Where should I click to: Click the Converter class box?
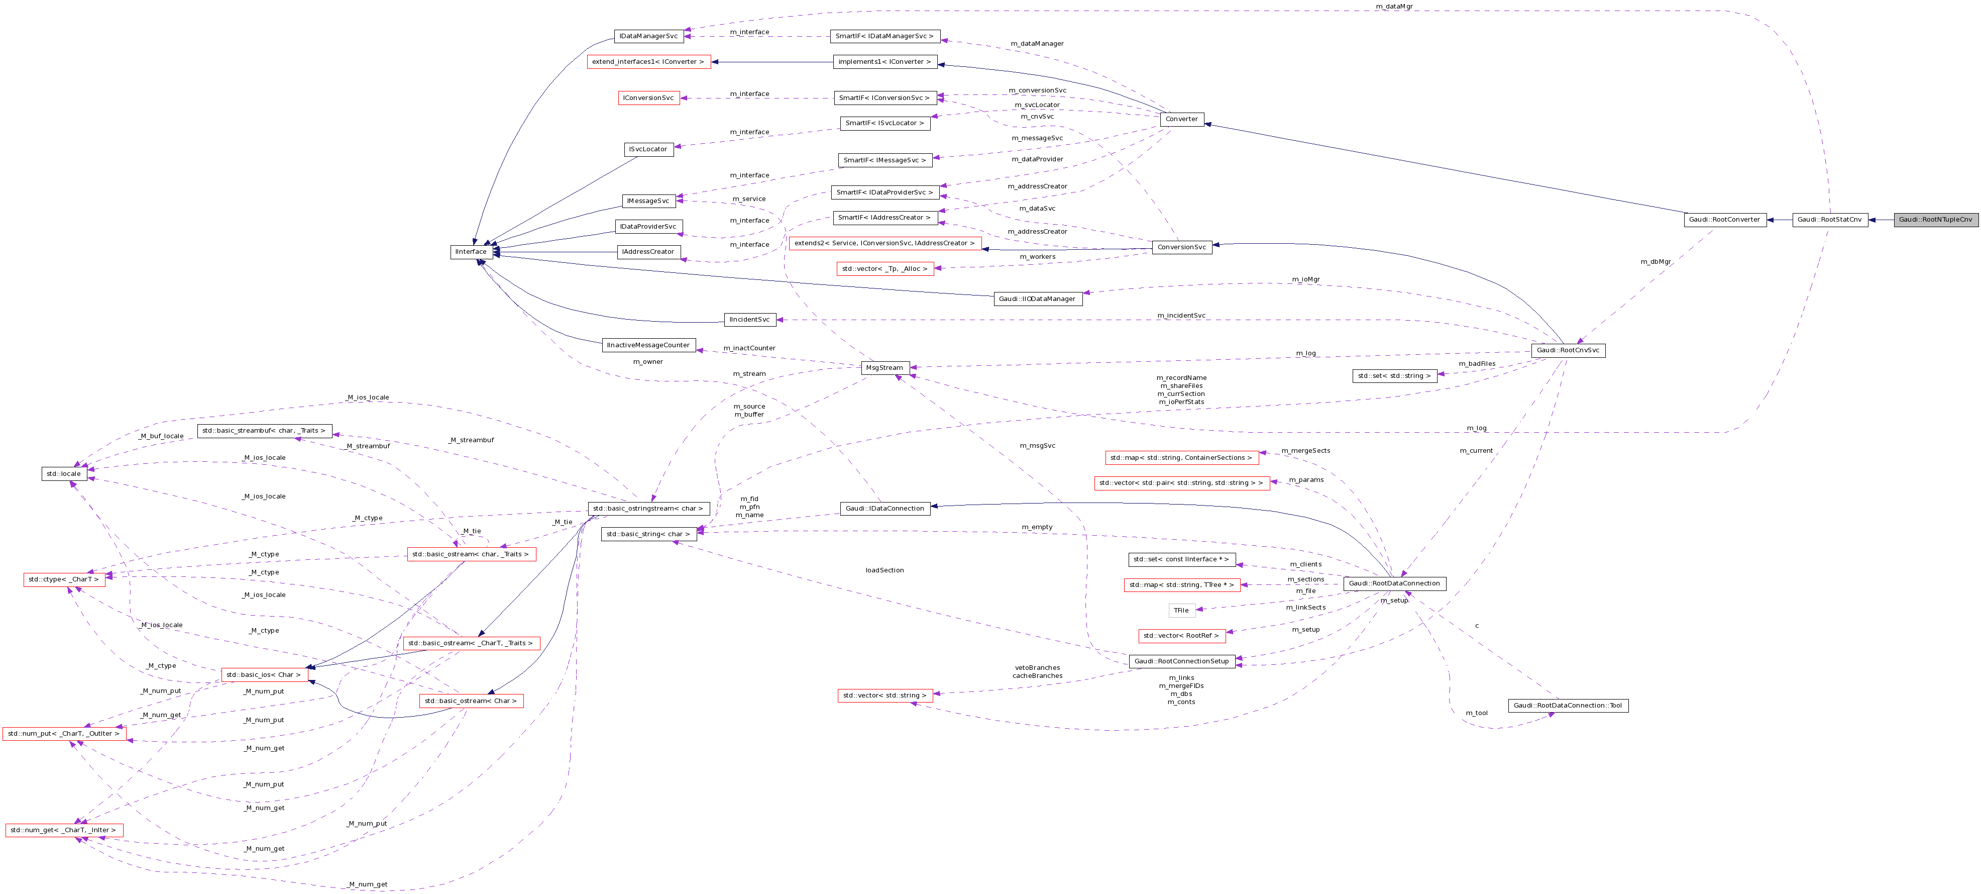pos(1181,119)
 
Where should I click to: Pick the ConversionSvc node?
pos(1181,247)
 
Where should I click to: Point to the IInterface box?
pos(471,252)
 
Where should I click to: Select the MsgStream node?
pos(885,368)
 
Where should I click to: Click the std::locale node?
pos(63,474)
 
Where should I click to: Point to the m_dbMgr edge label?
pos(1656,262)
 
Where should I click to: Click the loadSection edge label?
pos(885,570)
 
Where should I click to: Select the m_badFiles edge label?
pos(1477,364)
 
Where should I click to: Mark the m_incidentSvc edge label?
pos(1181,316)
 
